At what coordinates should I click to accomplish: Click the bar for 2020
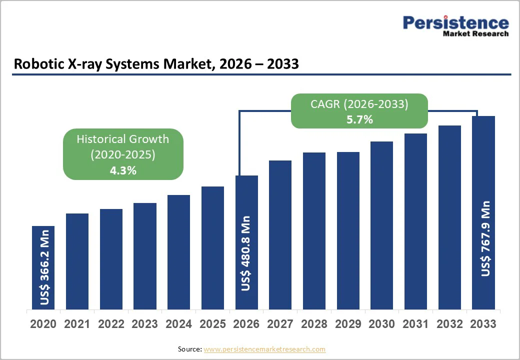pos(43,267)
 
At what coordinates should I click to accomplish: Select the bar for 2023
pos(145,256)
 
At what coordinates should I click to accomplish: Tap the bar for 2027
pos(280,235)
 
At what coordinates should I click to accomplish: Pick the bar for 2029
pos(348,230)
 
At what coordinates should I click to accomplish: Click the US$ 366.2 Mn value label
pos(44,267)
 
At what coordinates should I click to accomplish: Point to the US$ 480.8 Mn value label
pos(246,253)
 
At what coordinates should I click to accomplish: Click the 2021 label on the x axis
pos(77,324)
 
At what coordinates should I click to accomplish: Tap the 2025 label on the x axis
pos(212,324)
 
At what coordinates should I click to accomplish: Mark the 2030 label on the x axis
pos(382,324)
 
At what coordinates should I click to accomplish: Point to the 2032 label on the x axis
pos(449,324)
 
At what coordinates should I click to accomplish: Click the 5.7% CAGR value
pos(359,119)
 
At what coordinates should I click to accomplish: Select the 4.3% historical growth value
pos(123,170)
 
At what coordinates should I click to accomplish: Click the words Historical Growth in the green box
pos(123,139)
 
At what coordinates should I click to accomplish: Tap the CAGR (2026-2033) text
pos(359,104)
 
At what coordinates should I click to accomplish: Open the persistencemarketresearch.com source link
pos(264,349)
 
